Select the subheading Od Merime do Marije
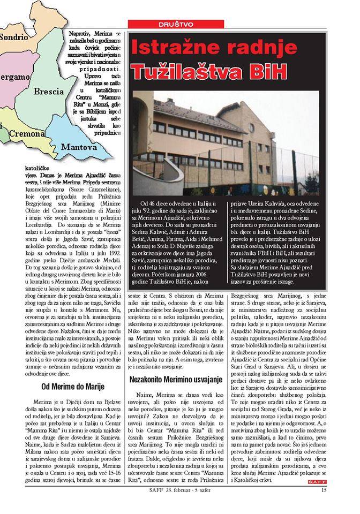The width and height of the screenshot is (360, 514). [x=72, y=386]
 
